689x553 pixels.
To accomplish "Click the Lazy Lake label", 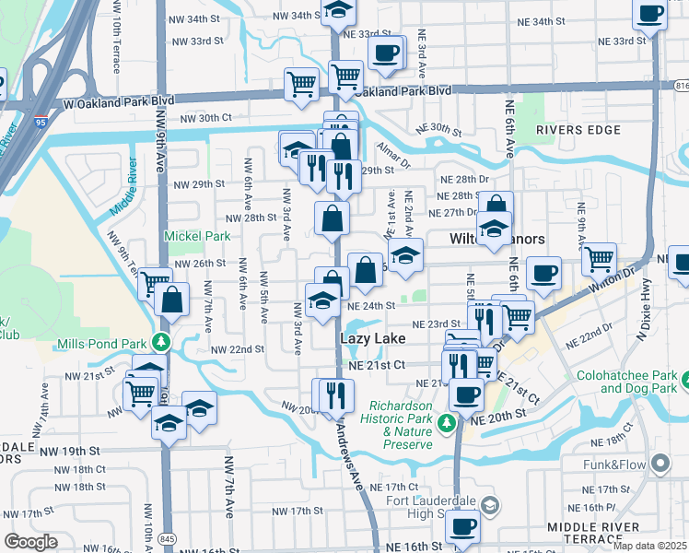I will [x=372, y=339].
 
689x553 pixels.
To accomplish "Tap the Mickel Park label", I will [x=196, y=236].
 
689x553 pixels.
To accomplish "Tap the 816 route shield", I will [x=681, y=85].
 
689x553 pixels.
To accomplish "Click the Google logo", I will [x=31, y=542].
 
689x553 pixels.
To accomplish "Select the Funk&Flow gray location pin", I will [x=659, y=462].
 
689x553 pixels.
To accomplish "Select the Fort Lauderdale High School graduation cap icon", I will [x=489, y=504].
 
